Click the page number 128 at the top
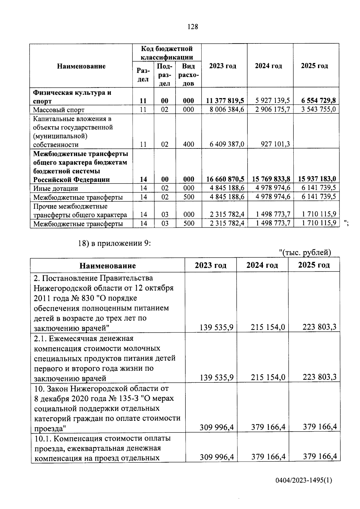click(193, 27)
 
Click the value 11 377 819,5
click(225, 101)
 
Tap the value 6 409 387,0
click(227, 144)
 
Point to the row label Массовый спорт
click(59, 110)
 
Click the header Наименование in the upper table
click(81, 66)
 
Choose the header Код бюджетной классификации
click(167, 53)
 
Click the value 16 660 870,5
click(225, 179)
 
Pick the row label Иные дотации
click(55, 188)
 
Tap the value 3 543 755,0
click(318, 109)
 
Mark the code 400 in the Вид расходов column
click(188, 144)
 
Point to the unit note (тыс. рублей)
click(307, 253)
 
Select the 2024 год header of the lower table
click(262, 265)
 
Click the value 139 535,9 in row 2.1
click(217, 377)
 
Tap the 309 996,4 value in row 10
click(217, 427)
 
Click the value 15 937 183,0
click(317, 179)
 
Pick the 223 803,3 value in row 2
click(319, 327)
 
